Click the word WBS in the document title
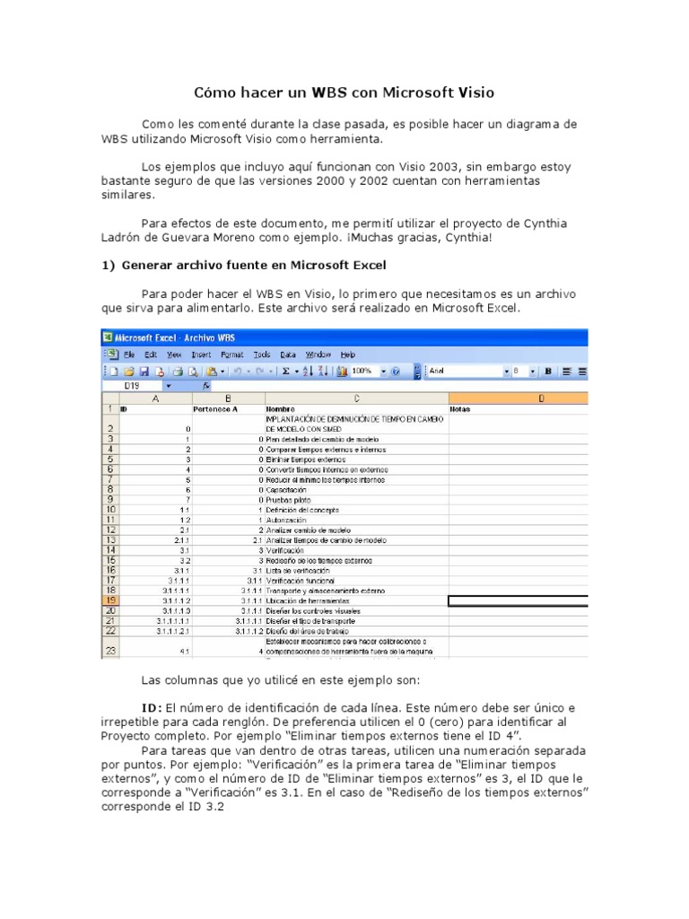click(331, 92)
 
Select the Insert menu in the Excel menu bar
click(201, 354)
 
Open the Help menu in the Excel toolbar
click(347, 354)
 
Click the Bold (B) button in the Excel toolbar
click(546, 371)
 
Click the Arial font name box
click(466, 371)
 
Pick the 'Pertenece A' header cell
click(217, 409)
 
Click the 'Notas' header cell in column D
click(460, 409)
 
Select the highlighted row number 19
click(109, 600)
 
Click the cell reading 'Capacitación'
click(287, 490)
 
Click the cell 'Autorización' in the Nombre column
click(287, 520)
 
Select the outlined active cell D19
click(518, 600)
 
